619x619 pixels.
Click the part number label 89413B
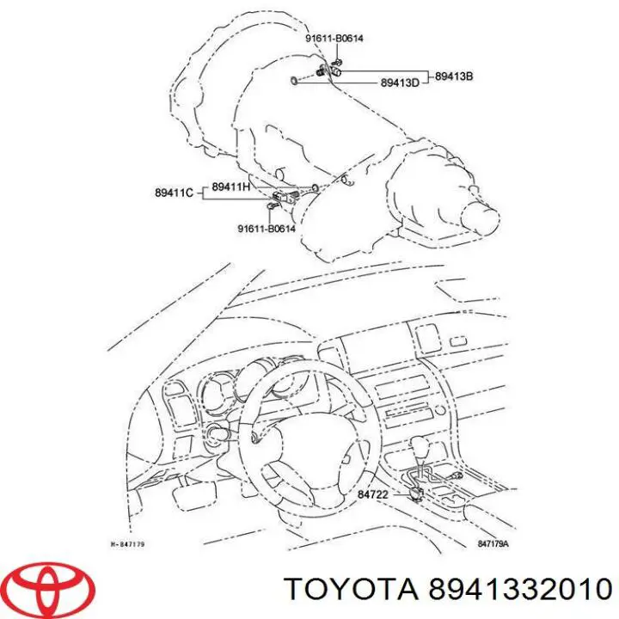(x=454, y=77)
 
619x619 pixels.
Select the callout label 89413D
(x=400, y=83)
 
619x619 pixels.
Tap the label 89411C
(x=174, y=193)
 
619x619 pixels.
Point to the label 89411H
(x=230, y=187)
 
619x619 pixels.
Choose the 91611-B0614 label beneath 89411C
(x=267, y=228)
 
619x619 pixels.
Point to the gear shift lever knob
(x=421, y=449)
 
